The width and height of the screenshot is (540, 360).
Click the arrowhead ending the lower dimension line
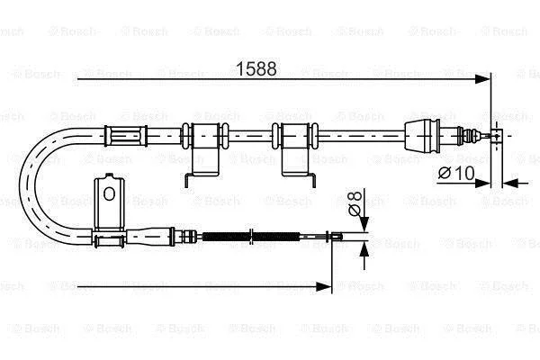[x=326, y=286]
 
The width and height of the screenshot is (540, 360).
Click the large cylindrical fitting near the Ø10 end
[x=428, y=136]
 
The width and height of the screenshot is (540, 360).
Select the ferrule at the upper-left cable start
[x=126, y=136]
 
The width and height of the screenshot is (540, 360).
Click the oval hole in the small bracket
[x=108, y=193]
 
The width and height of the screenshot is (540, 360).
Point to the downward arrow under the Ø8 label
[x=363, y=225]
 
